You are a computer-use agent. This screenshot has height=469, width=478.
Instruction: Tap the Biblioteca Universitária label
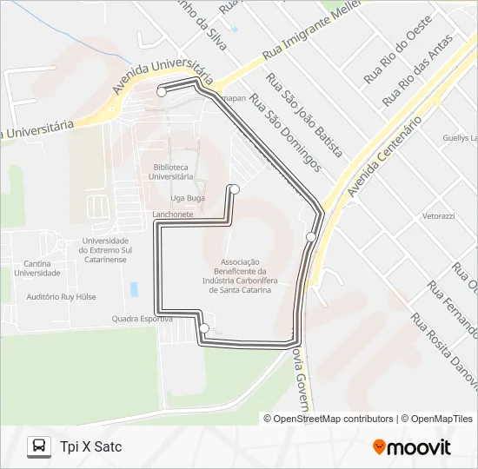(171, 171)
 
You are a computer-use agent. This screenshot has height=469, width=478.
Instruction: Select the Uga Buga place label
(189, 198)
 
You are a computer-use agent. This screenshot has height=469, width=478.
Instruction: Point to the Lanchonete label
(172, 213)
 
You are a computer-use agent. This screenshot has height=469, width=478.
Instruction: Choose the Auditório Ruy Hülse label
(62, 297)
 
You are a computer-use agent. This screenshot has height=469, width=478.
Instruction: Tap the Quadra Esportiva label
(142, 319)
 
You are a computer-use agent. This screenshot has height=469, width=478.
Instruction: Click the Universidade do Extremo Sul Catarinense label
(103, 250)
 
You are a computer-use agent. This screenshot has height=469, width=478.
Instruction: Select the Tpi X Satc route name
(91, 447)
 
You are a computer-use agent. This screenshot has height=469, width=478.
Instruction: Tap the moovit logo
(412, 447)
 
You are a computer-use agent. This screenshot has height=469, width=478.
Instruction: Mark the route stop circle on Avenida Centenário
(310, 237)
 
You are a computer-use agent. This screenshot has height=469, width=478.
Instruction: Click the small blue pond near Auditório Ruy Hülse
(134, 288)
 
